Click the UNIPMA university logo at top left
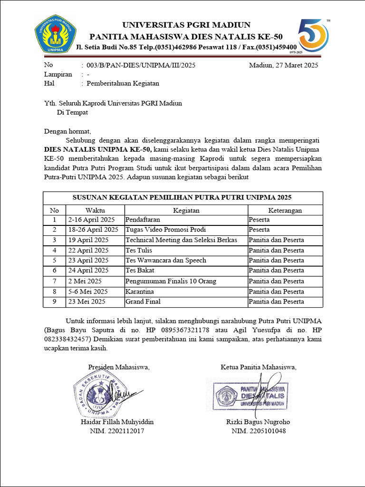[x=55, y=34]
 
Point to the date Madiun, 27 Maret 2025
[x=283, y=65]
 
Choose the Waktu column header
[x=95, y=210]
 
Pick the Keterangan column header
[x=285, y=210]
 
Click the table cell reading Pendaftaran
[x=143, y=220]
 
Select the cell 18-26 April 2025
[x=93, y=230]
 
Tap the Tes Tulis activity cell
[x=136, y=250]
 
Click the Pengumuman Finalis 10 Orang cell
[x=171, y=281]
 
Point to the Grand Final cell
[x=143, y=302]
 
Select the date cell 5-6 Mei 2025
[x=88, y=291]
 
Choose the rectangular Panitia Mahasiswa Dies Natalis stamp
[x=249, y=394]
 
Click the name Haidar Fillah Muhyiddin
[x=117, y=422]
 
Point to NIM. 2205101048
[x=259, y=431]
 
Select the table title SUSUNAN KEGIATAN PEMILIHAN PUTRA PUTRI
[x=182, y=197]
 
